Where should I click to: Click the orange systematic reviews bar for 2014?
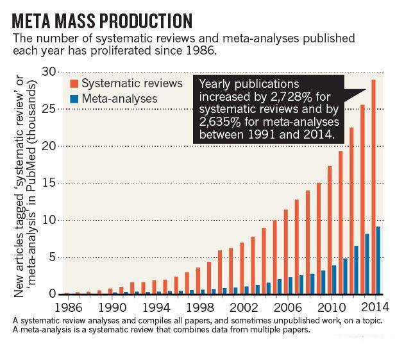click(x=374, y=186)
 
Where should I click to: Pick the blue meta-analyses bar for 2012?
click(x=356, y=270)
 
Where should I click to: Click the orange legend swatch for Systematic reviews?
click(x=74, y=83)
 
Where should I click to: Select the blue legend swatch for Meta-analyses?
click(x=74, y=99)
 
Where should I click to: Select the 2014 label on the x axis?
click(x=370, y=307)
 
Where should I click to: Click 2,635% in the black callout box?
click(x=222, y=123)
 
